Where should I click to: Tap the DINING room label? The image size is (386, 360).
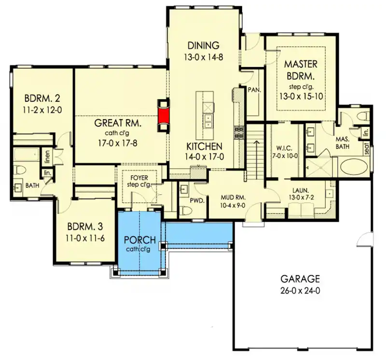click(x=203, y=45)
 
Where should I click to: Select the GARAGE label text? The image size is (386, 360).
click(x=300, y=279)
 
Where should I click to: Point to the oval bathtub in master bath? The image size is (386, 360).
click(x=354, y=166)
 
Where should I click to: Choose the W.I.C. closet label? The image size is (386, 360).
click(x=284, y=148)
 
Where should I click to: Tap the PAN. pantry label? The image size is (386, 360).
click(x=254, y=90)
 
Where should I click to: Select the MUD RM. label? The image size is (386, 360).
click(x=233, y=198)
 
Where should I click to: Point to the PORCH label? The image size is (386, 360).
click(x=140, y=240)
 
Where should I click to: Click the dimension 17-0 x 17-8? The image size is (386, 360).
click(x=117, y=143)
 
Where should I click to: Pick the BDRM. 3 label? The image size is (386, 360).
click(x=85, y=227)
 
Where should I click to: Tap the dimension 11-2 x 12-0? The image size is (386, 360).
click(x=42, y=110)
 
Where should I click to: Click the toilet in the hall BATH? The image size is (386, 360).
click(x=20, y=170)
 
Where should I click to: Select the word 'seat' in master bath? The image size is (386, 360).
click(x=367, y=149)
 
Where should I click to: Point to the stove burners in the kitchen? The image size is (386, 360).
click(x=238, y=133)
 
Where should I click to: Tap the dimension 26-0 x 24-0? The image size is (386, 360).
click(x=300, y=291)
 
